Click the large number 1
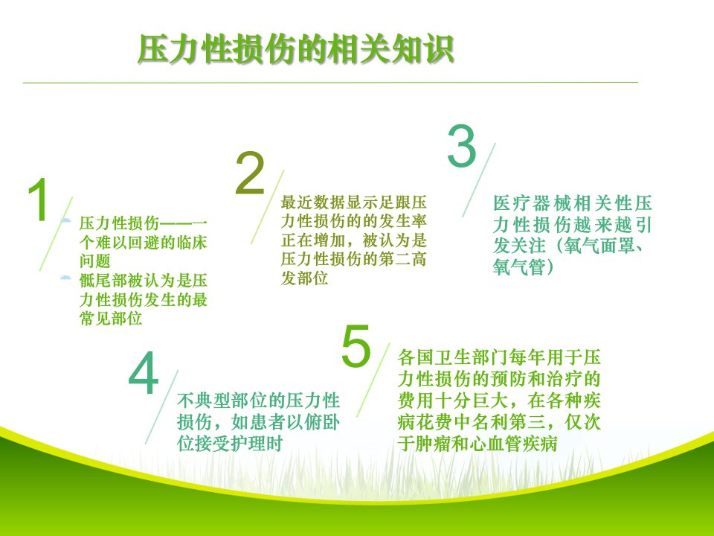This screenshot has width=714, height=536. pyautogui.click(x=39, y=200)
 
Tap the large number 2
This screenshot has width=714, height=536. pyautogui.click(x=250, y=173)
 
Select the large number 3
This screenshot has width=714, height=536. pyautogui.click(x=462, y=147)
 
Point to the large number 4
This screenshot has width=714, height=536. pyautogui.click(x=144, y=373)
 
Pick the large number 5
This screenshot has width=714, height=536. pyautogui.click(x=356, y=346)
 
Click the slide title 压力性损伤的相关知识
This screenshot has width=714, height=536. pyautogui.click(x=296, y=48)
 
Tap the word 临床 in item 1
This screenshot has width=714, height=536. pyautogui.click(x=191, y=242)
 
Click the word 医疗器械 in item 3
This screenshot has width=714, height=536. pyautogui.click(x=531, y=202)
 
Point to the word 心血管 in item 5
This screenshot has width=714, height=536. pyautogui.click(x=496, y=444)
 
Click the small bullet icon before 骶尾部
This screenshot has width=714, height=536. pyautogui.click(x=66, y=277)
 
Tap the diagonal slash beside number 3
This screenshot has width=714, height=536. pyautogui.click(x=478, y=180)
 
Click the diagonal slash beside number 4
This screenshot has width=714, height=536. pyautogui.click(x=162, y=407)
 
